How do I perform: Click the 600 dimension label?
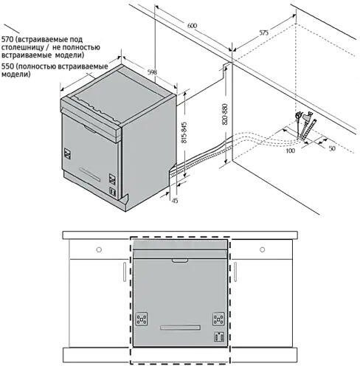192,26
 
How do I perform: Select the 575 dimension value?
263,32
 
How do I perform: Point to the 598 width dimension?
152,72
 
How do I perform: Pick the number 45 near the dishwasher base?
175,199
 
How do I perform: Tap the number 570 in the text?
9,38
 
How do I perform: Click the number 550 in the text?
9,66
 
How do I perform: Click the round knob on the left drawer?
98,249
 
